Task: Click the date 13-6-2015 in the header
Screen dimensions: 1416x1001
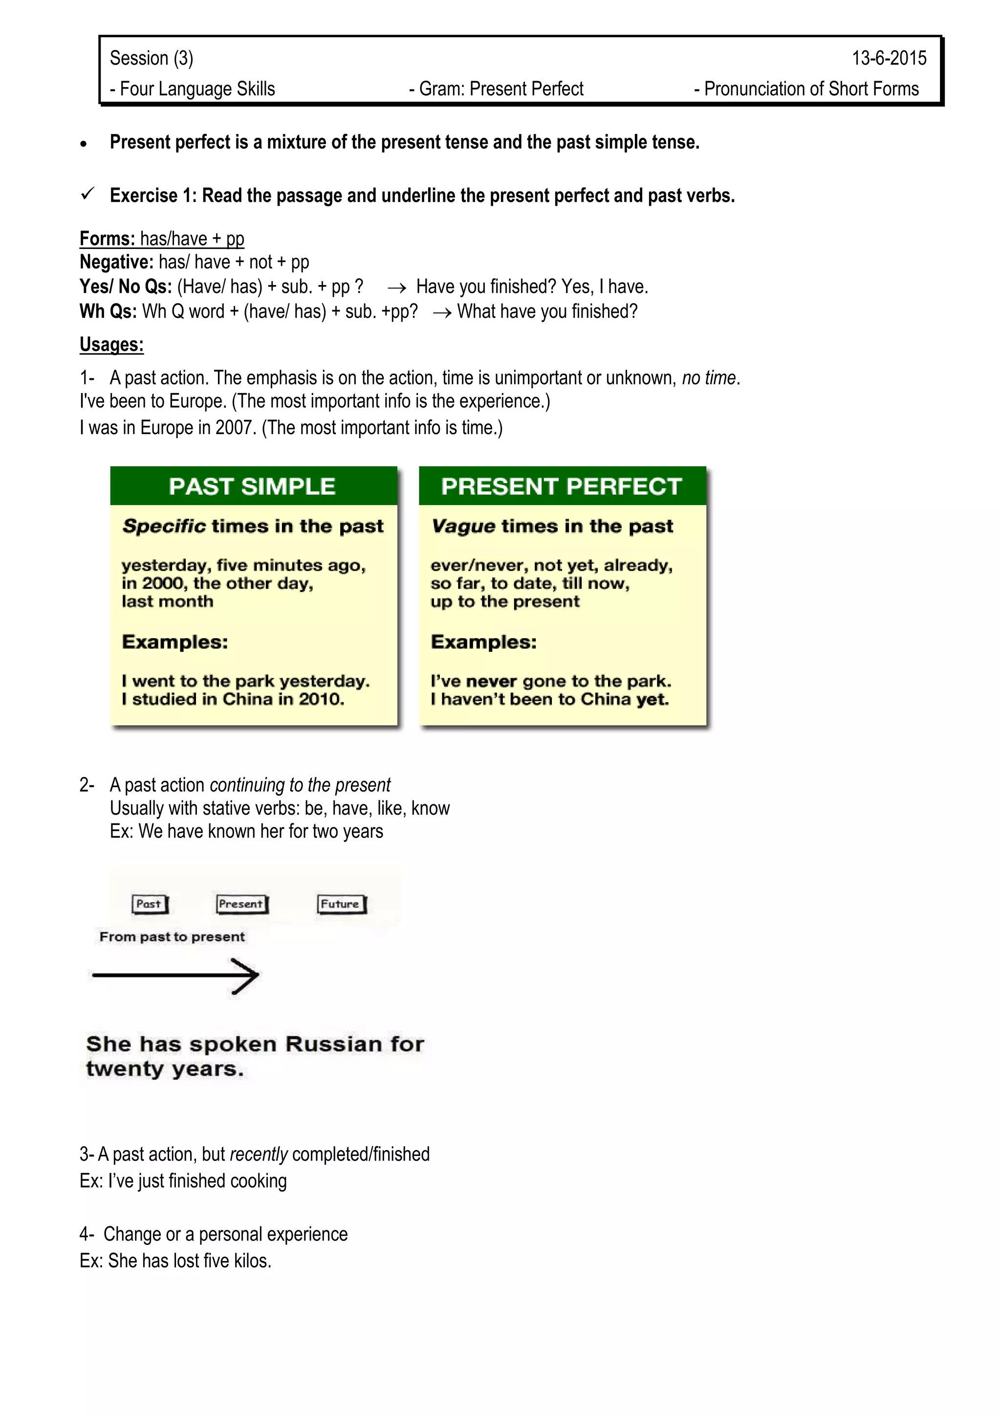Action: pos(888,58)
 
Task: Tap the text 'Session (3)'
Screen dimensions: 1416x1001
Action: pos(152,58)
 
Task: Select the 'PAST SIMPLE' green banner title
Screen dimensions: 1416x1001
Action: pos(252,487)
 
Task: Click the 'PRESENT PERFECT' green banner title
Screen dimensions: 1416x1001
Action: pos(562,487)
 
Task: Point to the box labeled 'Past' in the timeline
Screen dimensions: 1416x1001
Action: pos(149,904)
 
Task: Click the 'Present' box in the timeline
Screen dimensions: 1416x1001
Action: pos(241,904)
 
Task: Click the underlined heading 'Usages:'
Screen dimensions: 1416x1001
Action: pos(111,344)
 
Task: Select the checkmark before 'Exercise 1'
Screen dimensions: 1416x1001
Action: pos(87,194)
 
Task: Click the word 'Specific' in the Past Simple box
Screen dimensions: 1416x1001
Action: pos(164,526)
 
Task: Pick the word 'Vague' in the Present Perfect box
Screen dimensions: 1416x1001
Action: pos(463,526)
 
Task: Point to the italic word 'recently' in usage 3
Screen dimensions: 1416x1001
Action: pos(258,1154)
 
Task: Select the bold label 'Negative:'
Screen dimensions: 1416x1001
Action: pos(116,262)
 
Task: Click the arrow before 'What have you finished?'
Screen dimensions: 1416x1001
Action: pos(441,312)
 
